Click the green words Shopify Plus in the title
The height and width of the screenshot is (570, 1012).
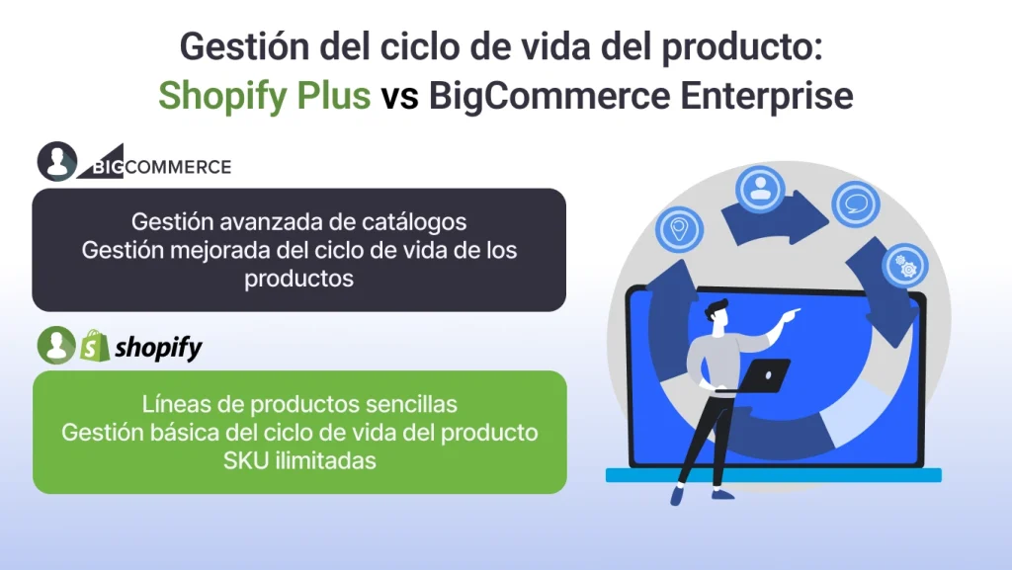[265, 96]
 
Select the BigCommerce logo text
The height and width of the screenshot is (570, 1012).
[164, 166]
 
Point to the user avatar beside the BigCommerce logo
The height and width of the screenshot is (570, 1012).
[57, 161]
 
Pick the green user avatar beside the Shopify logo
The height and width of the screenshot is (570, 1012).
[56, 346]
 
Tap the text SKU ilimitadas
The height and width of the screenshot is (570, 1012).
[298, 460]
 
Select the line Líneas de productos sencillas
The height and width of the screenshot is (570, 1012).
[298, 404]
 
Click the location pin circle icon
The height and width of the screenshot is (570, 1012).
[680, 229]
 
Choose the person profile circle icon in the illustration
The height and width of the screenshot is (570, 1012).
[759, 190]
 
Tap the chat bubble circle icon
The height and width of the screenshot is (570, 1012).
[855, 203]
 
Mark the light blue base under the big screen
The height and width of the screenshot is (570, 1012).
[773, 475]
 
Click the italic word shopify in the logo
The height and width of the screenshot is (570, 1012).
[158, 347]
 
